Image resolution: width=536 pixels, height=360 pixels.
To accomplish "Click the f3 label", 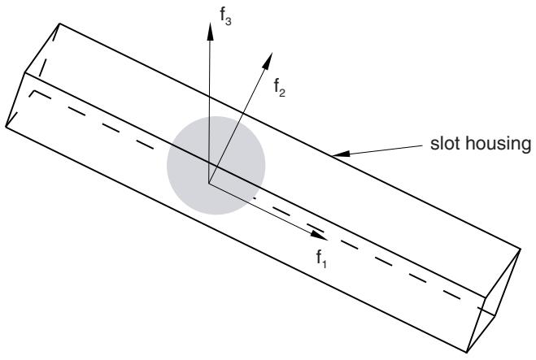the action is [225, 16].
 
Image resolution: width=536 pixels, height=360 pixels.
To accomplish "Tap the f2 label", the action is [279, 88].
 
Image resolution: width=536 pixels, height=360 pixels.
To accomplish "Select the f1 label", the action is [321, 258].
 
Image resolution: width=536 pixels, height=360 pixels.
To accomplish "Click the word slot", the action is [445, 144].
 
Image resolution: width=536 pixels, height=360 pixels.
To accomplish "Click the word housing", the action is [499, 145].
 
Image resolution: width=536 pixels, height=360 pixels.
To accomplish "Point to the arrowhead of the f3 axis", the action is [210, 32].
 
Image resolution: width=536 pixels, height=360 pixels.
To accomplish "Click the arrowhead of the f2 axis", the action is [268, 61].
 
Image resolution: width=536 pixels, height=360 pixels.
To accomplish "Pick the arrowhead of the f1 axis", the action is [319, 235].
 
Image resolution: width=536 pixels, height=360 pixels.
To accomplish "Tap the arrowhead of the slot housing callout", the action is [341, 154].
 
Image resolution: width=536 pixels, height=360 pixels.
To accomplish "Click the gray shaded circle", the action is [216, 165].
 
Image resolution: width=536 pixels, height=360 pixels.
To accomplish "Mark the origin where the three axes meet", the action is [209, 183].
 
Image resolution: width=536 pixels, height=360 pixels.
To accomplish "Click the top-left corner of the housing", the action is [60, 24].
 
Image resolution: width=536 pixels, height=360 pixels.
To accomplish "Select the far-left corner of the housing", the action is [6, 127].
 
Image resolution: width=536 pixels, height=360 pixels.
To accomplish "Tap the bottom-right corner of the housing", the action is [467, 352].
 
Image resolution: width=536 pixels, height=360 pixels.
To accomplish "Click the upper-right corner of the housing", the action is [521, 249].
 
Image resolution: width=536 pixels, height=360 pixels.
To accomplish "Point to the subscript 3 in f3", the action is [229, 21].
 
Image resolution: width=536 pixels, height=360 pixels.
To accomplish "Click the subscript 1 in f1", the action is [325, 263].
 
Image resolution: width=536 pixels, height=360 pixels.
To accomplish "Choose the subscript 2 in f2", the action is [282, 93].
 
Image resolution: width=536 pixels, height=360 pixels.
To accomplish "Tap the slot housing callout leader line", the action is [386, 150].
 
